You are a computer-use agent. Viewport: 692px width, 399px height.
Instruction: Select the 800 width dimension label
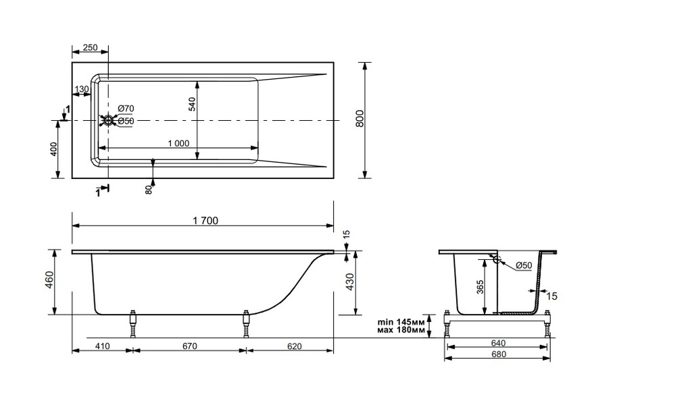[360, 119]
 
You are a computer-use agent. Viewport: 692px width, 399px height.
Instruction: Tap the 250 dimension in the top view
[90, 48]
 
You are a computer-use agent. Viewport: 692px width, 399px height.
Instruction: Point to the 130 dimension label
[82, 89]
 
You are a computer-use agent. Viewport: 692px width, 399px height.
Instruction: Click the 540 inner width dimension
[192, 103]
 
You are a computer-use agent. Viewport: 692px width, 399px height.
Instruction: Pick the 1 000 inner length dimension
[178, 143]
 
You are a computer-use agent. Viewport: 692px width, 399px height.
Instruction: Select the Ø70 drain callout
[126, 109]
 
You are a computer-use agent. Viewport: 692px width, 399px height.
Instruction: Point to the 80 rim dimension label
[149, 190]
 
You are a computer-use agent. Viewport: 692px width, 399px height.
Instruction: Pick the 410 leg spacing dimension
[102, 346]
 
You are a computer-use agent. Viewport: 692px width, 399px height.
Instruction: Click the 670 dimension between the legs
[189, 346]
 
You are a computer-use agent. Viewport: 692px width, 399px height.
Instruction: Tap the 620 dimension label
[294, 346]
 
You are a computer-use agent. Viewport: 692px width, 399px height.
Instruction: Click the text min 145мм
[401, 322]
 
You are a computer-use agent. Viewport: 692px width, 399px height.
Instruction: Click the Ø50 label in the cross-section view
[524, 266]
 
